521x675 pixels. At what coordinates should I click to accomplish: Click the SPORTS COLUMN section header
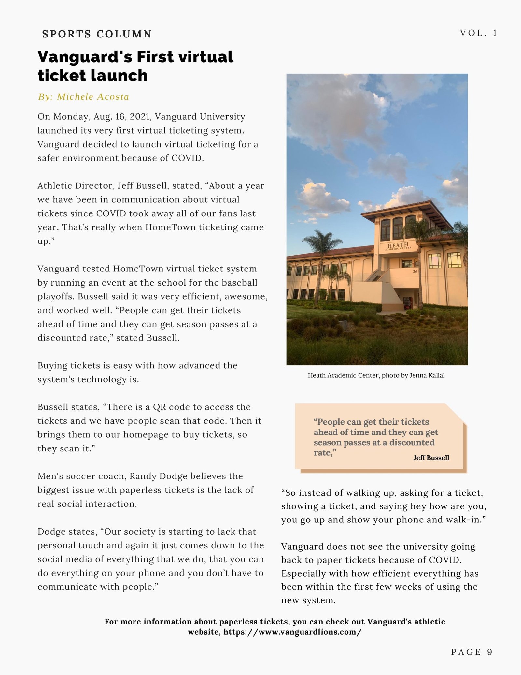click(x=97, y=34)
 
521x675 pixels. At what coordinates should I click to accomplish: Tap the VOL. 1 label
click(x=478, y=33)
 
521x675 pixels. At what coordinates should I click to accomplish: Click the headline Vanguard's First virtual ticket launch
click(x=135, y=66)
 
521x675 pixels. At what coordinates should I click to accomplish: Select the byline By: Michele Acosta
click(x=83, y=97)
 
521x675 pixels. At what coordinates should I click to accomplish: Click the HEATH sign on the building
click(x=398, y=245)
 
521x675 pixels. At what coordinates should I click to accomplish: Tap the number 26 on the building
click(x=415, y=271)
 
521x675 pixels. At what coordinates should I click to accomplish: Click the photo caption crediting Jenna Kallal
click(x=376, y=375)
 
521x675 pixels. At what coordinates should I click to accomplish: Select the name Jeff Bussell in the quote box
click(x=431, y=458)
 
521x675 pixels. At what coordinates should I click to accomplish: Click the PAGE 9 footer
click(x=472, y=652)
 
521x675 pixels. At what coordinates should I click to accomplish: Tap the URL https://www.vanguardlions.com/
click(x=292, y=632)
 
